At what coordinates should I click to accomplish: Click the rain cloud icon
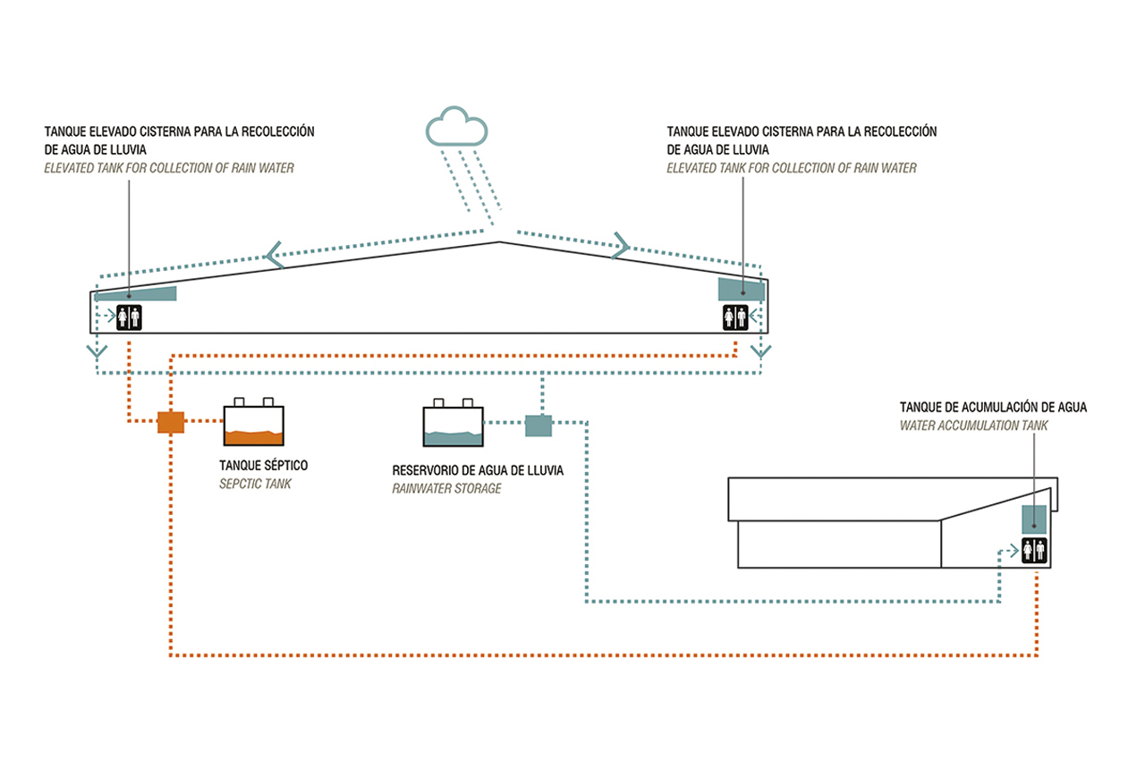[x=457, y=128]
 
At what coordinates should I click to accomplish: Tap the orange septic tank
[x=253, y=426]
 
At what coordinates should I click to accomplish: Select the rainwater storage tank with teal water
[x=452, y=426]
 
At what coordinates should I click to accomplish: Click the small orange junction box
[x=170, y=421]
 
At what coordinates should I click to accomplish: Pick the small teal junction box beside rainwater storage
[x=539, y=426]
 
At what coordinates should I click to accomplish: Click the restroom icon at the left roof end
[x=130, y=317]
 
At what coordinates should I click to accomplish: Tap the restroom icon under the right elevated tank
[x=735, y=317]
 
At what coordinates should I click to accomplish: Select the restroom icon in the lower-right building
[x=1035, y=551]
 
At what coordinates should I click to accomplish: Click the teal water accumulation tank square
[x=1035, y=519]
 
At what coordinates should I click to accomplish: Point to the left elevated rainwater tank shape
[x=136, y=294]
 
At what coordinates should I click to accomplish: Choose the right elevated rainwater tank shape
[x=742, y=289]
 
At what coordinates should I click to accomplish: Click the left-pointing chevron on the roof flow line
[x=275, y=256]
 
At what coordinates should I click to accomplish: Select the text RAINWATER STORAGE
[x=446, y=489]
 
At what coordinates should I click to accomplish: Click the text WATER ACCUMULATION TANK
[x=974, y=426]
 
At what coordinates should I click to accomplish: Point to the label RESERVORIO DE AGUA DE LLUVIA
[x=478, y=470]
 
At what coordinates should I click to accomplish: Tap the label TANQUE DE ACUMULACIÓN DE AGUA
[x=993, y=407]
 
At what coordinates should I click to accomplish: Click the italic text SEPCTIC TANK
[x=257, y=485]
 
